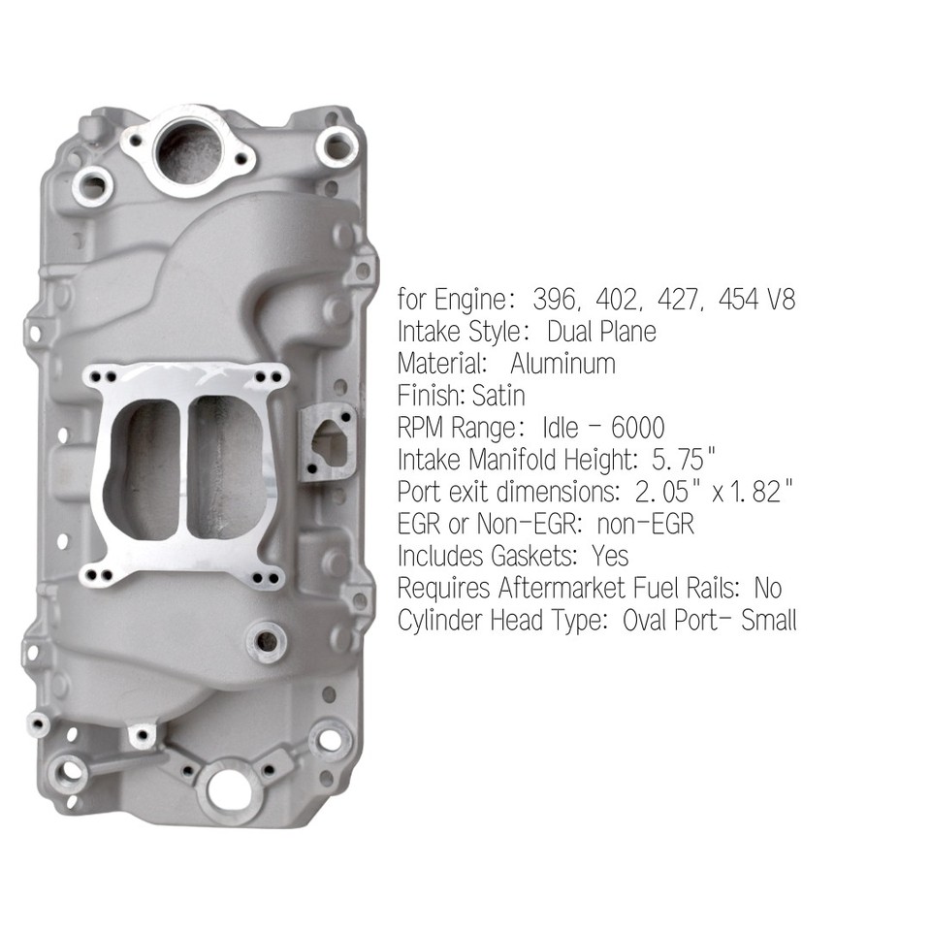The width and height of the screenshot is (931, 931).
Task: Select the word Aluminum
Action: coord(562,364)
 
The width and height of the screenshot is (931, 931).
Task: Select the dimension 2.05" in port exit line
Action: coord(655,492)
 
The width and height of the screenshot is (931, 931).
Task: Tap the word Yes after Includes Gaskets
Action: coord(608,556)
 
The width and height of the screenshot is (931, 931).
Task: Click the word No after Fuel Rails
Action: coord(767,588)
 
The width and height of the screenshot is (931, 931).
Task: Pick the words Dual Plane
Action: coord(601,332)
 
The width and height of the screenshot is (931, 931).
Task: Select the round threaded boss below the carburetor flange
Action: coord(265,640)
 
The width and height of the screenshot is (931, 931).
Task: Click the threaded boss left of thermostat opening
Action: coord(94,180)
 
